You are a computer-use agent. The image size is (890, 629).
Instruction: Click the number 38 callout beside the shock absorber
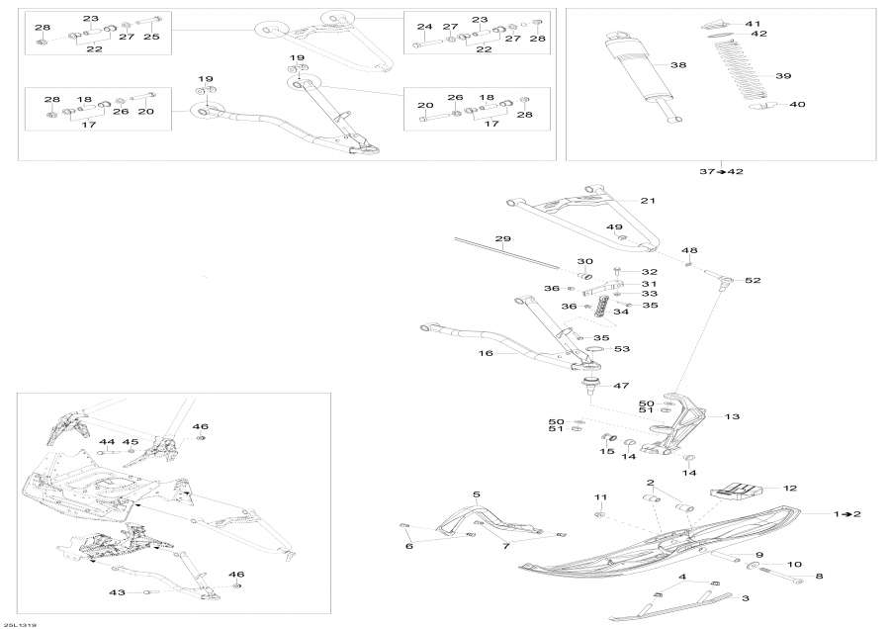678,65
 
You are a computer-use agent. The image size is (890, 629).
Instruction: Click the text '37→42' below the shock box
721,171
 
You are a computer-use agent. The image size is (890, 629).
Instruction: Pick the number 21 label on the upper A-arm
648,201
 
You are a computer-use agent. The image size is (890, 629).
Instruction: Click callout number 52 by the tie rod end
754,281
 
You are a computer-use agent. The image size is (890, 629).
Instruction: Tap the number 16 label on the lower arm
486,351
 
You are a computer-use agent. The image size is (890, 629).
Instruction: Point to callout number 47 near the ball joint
622,385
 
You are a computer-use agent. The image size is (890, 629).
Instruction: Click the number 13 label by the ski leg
732,416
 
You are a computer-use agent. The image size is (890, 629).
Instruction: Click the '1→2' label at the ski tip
848,514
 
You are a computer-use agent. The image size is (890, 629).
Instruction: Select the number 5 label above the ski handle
476,494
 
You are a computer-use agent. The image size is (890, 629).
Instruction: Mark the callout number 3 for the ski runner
747,598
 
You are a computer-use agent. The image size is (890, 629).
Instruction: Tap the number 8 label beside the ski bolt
818,575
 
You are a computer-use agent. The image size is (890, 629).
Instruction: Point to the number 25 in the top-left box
150,36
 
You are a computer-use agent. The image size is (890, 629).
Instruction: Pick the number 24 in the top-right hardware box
424,26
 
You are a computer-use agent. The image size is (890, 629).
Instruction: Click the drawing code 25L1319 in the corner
21,624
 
